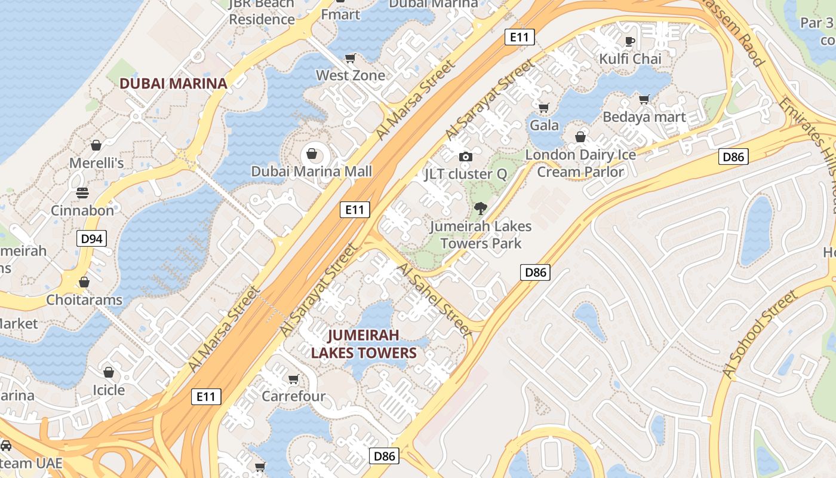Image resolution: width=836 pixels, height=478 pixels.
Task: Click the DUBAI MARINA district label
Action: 174,83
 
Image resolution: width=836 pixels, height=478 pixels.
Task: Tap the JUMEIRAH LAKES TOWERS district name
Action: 363,344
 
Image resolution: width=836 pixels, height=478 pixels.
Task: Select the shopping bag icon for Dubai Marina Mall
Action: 311,154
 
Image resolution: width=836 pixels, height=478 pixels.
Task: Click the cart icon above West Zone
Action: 351,58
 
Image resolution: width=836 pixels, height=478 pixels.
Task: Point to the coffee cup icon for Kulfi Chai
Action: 629,41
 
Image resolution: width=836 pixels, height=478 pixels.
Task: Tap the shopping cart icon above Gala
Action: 543,108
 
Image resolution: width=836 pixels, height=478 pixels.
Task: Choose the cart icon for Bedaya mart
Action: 644,99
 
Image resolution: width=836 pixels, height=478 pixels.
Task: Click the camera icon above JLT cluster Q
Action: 465,157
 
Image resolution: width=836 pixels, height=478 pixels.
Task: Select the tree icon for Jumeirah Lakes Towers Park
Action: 480,209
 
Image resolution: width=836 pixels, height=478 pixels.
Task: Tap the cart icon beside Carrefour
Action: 293,379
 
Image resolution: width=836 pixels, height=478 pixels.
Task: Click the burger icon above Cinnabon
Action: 82,193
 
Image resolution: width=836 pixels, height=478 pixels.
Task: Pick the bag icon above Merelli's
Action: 96,145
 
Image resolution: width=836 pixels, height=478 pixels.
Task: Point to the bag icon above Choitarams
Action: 84,282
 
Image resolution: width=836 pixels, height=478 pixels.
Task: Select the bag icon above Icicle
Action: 109,373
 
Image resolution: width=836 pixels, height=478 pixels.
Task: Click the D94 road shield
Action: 91,239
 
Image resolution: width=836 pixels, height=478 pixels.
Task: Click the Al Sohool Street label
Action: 760,335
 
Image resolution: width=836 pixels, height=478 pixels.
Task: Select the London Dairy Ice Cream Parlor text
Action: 580,163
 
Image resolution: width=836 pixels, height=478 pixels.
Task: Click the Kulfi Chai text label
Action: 631,59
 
